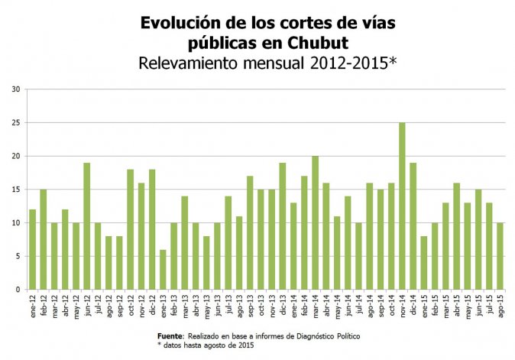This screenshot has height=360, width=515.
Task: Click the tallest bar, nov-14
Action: tap(402, 206)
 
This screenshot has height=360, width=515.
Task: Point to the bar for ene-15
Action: tap(424, 263)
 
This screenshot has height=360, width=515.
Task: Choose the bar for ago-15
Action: tap(500, 256)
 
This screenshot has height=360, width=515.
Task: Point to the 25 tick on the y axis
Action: tap(15, 122)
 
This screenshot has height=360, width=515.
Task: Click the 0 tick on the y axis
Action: tap(18, 290)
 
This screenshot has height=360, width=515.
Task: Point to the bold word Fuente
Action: tap(170, 336)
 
